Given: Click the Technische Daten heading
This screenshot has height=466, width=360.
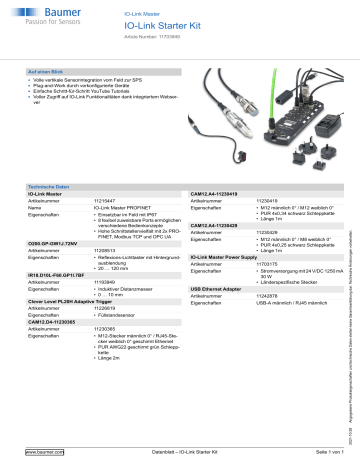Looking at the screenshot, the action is tap(48, 187).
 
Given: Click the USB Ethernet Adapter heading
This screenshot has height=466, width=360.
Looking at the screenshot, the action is tap(223, 289).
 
